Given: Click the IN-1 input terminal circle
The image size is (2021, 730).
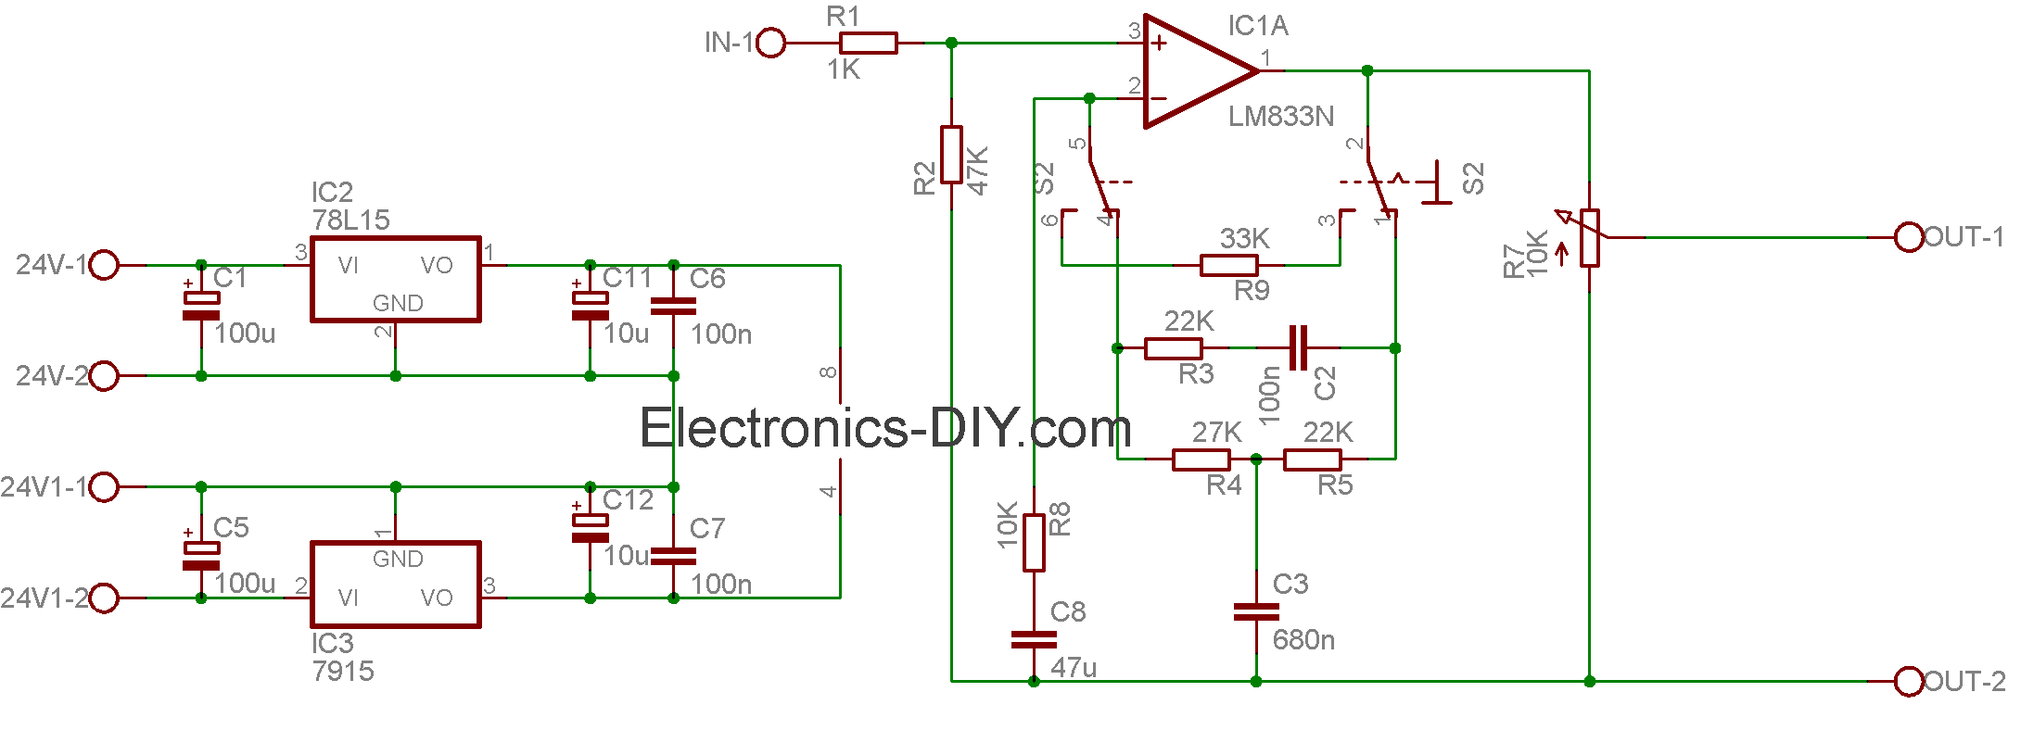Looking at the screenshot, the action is click(771, 43).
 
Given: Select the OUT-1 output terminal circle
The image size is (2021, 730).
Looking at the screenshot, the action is click(1909, 237).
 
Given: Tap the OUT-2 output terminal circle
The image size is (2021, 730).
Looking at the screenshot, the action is click(1909, 682).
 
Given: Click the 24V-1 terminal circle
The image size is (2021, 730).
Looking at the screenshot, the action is click(105, 265).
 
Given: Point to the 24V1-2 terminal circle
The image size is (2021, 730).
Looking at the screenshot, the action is click(105, 598).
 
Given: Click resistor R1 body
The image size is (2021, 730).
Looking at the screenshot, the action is click(868, 43).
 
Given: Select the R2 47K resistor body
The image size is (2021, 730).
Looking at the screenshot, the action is click(951, 155).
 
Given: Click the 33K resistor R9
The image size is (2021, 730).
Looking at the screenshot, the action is click(1229, 265).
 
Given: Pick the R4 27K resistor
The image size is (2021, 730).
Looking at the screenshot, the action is click(1201, 459).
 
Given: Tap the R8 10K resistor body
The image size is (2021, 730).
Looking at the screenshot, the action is click(1035, 543).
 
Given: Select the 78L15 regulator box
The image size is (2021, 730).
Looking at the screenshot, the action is click(396, 280).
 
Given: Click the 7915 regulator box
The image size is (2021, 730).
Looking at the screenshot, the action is click(396, 585).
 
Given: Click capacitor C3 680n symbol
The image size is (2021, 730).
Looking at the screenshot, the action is click(1256, 611).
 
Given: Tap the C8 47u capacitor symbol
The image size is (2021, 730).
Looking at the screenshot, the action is click(1034, 639).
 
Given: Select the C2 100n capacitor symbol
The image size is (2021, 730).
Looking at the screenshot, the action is click(1299, 348).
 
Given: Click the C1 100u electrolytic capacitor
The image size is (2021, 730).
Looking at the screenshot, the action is click(201, 305).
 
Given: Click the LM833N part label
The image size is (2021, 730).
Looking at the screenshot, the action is click(1281, 117).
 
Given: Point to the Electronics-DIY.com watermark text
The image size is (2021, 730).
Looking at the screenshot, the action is click(885, 428).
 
